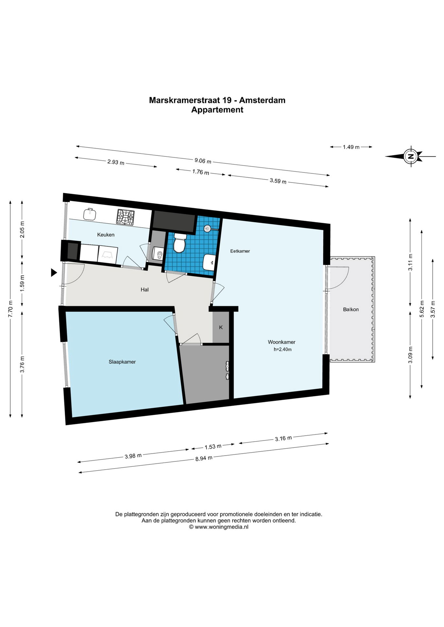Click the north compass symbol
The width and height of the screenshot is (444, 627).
pyautogui.click(x=410, y=156)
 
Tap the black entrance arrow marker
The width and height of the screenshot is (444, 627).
pyautogui.click(x=54, y=272)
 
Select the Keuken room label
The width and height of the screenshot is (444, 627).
pyautogui.click(x=106, y=234)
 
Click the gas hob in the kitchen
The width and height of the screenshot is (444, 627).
pyautogui.click(x=126, y=217)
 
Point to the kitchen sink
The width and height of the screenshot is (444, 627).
pyautogui.click(x=89, y=214)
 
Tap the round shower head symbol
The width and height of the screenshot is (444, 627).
pyautogui.click(x=207, y=228)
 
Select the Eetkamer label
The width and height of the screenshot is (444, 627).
pyautogui.click(x=240, y=251)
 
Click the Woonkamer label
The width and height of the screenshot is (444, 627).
pyautogui.click(x=282, y=342)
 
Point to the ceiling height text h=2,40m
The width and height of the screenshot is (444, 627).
pyautogui.click(x=282, y=349)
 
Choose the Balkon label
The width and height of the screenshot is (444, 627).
pyautogui.click(x=351, y=309)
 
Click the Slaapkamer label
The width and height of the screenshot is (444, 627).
pyautogui.click(x=122, y=362)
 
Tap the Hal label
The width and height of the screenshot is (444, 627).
pyautogui.click(x=145, y=289)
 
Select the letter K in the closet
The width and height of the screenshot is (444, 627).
pyautogui.click(x=221, y=327)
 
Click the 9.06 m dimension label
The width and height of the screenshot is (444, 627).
pyautogui.click(x=203, y=161)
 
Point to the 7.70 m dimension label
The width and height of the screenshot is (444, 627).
pyautogui.click(x=10, y=309)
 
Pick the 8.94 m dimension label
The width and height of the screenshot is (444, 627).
pyautogui.click(x=204, y=458)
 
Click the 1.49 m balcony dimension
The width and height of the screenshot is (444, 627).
pyautogui.click(x=351, y=147)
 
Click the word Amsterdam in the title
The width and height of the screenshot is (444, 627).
pyautogui.click(x=262, y=100)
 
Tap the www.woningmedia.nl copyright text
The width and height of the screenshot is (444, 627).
pyautogui.click(x=218, y=527)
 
